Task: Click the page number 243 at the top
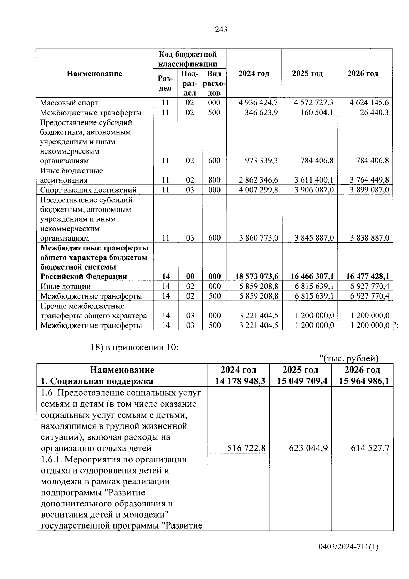(221, 30)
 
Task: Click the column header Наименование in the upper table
(94, 74)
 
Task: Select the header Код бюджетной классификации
(187, 59)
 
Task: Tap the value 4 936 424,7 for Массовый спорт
(258, 103)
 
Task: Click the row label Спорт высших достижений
(88, 190)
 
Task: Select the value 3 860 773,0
(259, 238)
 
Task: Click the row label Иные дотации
(65, 286)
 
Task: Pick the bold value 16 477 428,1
(367, 276)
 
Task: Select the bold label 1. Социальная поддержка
(97, 381)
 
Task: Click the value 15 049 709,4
(302, 381)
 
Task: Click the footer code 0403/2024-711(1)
(348, 547)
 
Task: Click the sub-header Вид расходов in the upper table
(214, 83)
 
